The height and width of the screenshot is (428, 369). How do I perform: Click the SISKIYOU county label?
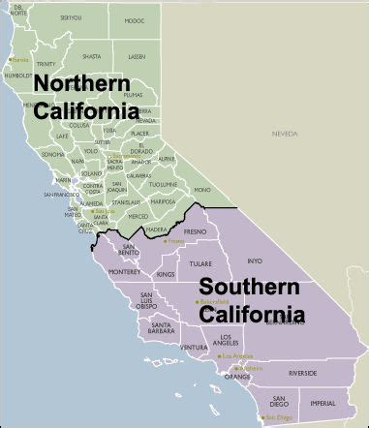[71, 17]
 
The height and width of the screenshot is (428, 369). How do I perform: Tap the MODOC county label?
[134, 20]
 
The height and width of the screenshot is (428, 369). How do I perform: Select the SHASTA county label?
[91, 55]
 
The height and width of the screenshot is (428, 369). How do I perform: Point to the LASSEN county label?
[137, 56]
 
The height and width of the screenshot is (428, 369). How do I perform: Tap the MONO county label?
[201, 190]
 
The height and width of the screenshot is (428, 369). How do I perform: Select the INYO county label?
[255, 260]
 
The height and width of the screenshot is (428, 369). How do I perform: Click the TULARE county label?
[200, 262]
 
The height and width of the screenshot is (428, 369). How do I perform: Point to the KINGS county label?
[165, 275]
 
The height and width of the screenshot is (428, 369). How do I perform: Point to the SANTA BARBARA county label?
[161, 328]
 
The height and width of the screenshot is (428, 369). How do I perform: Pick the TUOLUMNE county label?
[165, 183]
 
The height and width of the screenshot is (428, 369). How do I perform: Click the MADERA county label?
[157, 229]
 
